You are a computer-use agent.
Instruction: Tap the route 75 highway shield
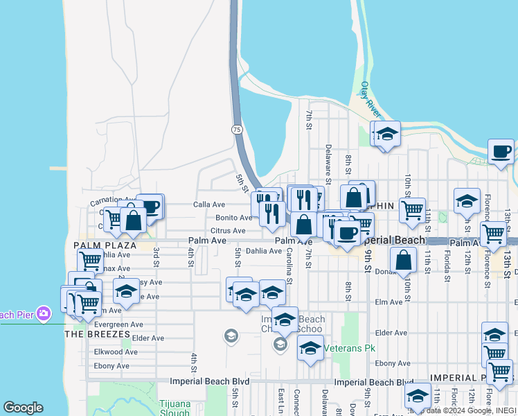tap(237, 129)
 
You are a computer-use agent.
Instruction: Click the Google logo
tap(23, 408)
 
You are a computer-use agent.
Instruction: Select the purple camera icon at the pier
tap(43, 314)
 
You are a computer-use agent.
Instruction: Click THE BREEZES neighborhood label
tap(97, 333)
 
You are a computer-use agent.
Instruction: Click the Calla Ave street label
tap(209, 205)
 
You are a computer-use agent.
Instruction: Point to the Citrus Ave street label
tap(229, 230)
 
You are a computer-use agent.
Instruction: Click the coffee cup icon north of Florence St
tap(501, 151)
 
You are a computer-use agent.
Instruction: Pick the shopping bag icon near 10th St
tap(403, 261)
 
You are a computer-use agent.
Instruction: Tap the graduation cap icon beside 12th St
tap(467, 201)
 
